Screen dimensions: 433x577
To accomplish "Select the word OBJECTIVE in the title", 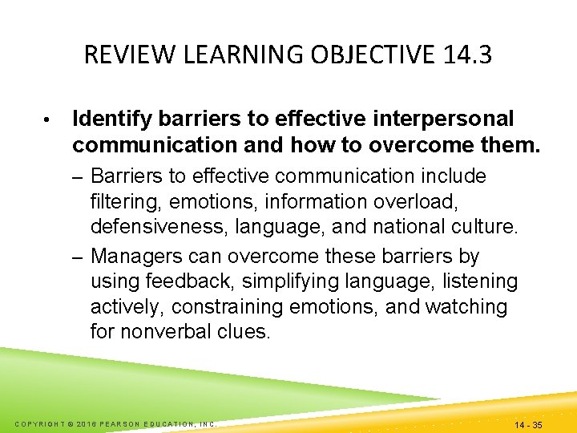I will (x=353, y=55).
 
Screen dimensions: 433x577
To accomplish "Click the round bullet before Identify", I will (x=48, y=120).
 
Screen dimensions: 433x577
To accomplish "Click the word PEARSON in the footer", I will (x=121, y=423).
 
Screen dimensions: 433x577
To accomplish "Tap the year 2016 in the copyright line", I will (x=81, y=423).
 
